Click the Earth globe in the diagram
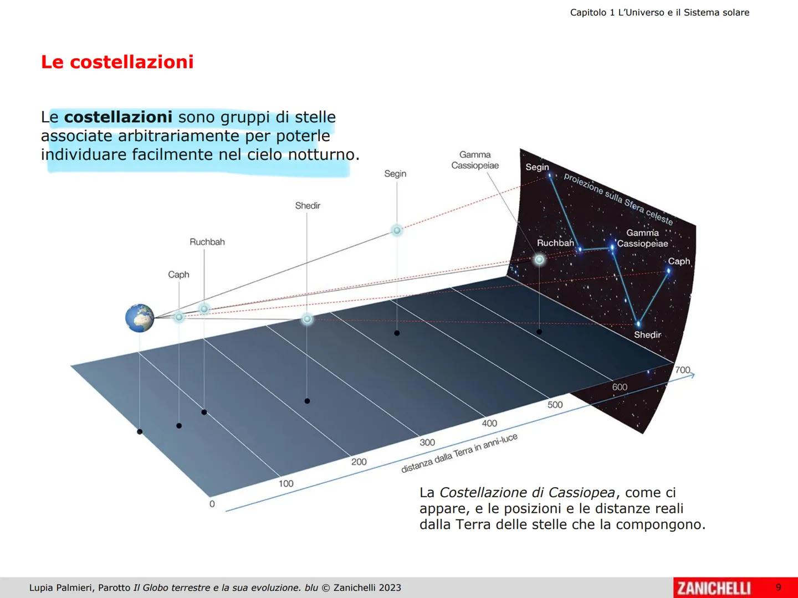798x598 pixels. [x=140, y=318]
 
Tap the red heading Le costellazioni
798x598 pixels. [x=117, y=62]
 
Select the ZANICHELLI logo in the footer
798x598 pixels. [x=714, y=587]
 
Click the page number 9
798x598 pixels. [x=778, y=587]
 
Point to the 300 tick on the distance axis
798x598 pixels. [x=427, y=442]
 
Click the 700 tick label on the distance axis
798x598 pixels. [x=682, y=370]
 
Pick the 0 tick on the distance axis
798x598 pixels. [x=212, y=504]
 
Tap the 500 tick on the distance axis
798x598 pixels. [x=555, y=405]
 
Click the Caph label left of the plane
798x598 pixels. [x=178, y=275]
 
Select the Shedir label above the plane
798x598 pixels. [x=308, y=205]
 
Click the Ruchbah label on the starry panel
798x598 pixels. [x=555, y=243]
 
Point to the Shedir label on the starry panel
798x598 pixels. [x=647, y=335]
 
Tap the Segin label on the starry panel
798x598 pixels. [x=537, y=167]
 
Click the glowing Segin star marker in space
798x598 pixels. [x=397, y=230]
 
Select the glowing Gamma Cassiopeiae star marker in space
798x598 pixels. [x=539, y=259]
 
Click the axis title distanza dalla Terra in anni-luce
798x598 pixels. [x=459, y=453]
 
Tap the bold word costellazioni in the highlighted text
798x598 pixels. [x=118, y=117]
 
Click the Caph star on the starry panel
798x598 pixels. [x=668, y=271]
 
